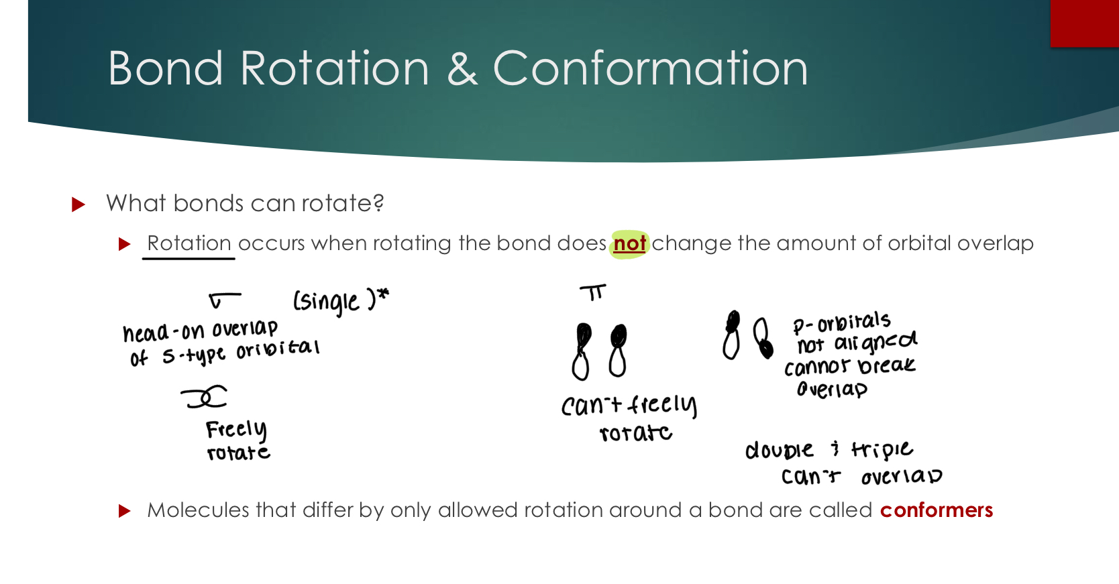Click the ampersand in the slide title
[462, 68]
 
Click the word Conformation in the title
[650, 68]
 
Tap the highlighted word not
[629, 243]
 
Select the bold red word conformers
[936, 510]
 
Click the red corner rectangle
[1084, 23]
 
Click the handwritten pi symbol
[593, 292]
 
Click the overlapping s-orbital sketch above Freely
[205, 397]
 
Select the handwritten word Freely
[235, 429]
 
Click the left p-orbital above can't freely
[582, 351]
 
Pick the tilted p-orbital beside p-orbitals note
[762, 337]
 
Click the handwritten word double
[779, 450]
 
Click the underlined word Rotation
[189, 243]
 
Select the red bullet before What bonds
[78, 204]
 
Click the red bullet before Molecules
[124, 511]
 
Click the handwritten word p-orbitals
[841, 323]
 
